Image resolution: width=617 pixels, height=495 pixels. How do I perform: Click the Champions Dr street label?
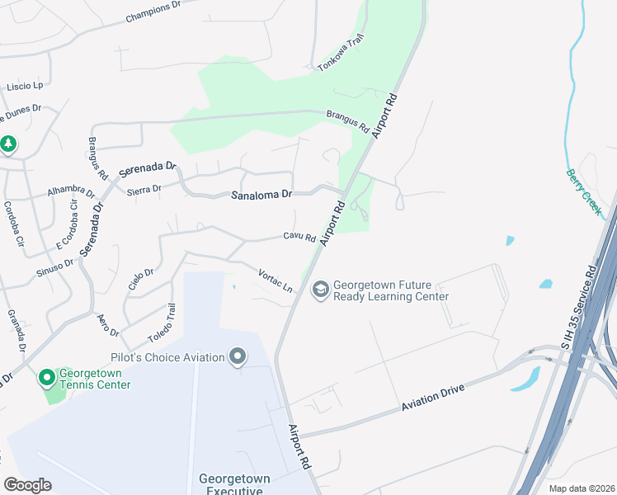152,12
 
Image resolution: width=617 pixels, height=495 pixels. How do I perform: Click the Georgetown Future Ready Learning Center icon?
319,290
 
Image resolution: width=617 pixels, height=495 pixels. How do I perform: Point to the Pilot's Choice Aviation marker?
238,356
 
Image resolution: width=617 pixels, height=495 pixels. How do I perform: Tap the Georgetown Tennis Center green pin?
46,378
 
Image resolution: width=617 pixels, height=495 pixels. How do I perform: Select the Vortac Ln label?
276,280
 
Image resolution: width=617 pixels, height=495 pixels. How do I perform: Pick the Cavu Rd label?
299,238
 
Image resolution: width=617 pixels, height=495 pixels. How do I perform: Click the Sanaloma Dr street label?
261,195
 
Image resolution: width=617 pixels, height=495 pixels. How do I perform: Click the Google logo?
27,485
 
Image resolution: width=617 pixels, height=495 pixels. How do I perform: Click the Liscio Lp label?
25,86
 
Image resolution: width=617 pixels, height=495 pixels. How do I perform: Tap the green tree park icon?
8,144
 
